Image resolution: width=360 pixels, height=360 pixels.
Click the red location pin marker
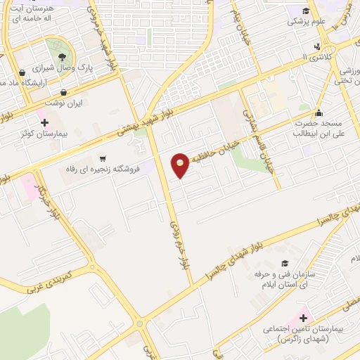181,165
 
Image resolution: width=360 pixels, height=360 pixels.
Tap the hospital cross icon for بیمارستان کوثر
44,122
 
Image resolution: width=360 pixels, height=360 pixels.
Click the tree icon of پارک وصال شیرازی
62,57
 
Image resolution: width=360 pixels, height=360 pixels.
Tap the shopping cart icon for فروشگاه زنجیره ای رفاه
104,159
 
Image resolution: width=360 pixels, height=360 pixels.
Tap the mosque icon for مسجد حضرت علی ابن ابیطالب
319,112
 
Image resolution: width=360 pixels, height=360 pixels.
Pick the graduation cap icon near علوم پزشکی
306,11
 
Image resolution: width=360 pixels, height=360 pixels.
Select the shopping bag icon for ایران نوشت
64,92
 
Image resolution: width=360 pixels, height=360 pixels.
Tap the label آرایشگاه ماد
25,83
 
